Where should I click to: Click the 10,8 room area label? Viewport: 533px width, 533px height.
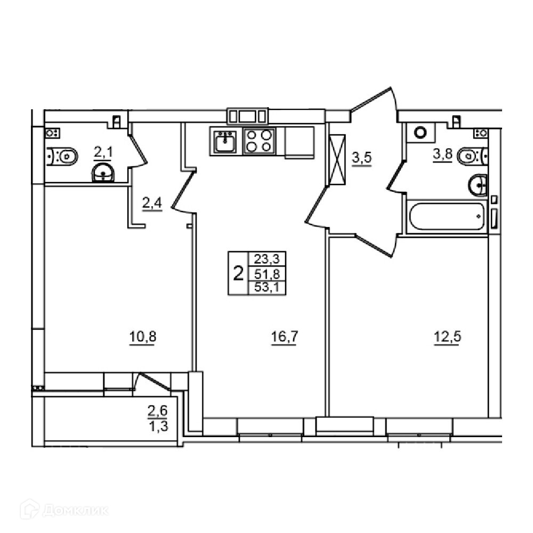tap(143, 337)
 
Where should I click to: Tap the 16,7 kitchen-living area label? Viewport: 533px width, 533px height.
tap(285, 337)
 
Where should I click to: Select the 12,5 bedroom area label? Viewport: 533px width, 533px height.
tap(448, 337)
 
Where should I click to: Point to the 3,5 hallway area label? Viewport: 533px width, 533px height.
tap(362, 158)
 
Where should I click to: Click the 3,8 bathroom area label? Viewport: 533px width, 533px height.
tap(442, 155)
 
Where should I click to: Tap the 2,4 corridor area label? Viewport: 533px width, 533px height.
tap(152, 204)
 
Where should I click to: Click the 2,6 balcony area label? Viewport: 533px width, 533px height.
tap(158, 411)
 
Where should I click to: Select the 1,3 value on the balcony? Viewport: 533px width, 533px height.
tap(158, 425)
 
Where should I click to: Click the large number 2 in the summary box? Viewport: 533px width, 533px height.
tap(239, 273)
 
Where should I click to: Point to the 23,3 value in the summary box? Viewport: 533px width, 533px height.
tap(267, 260)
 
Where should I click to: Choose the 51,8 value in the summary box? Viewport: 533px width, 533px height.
tap(267, 274)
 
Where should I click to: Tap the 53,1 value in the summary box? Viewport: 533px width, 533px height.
tap(267, 288)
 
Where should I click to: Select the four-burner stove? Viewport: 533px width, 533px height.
tap(260, 141)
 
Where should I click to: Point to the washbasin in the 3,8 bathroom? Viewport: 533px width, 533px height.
tap(478, 185)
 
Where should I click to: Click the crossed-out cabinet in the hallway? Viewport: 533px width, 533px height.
tap(336, 159)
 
